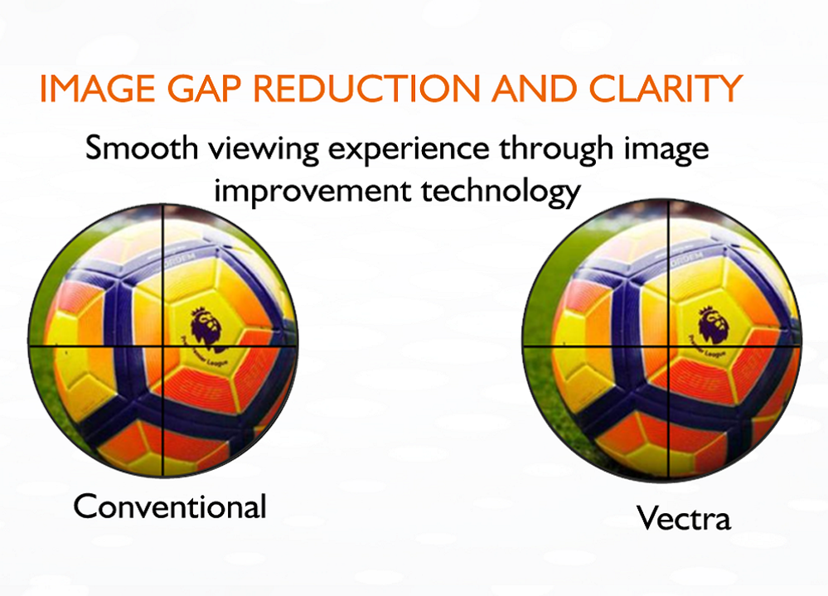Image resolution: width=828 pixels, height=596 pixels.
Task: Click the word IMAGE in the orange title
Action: pos(97,88)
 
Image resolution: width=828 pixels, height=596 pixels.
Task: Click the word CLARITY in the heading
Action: pos(666,88)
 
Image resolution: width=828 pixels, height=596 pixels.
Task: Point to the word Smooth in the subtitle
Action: pos(141,148)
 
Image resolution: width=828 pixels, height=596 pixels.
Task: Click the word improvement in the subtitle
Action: pos(312,191)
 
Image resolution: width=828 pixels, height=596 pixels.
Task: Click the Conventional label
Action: pos(170,506)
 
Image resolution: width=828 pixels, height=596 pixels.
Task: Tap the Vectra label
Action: pos(684,518)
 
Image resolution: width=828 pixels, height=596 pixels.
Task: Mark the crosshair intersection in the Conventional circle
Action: pos(162,346)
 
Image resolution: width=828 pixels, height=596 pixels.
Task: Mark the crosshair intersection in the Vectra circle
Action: pos(669,346)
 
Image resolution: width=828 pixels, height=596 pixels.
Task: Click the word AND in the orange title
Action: pos(534,88)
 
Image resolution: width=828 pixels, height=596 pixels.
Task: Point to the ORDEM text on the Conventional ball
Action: pos(181,259)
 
